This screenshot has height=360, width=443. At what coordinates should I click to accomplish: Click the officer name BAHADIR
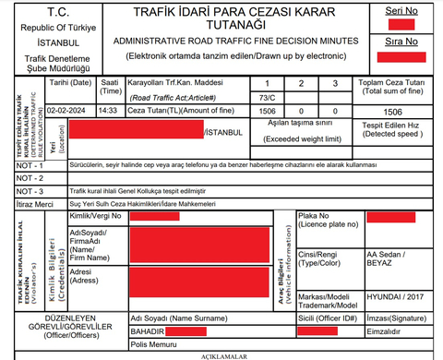pyautogui.click(x=148, y=330)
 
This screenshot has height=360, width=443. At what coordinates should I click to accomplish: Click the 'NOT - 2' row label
pyautogui.click(x=30, y=176)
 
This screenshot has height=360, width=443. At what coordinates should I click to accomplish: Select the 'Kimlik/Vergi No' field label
pyautogui.click(x=97, y=215)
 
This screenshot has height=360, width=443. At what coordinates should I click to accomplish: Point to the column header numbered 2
pyautogui.click(x=303, y=83)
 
